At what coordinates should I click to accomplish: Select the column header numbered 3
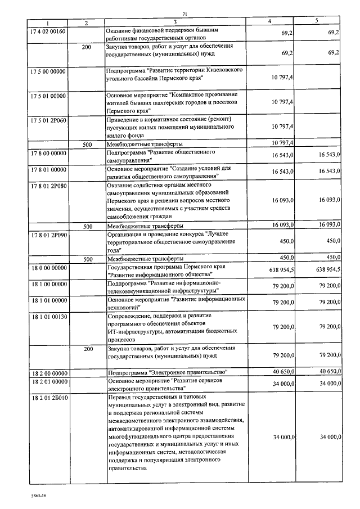[x=174, y=22]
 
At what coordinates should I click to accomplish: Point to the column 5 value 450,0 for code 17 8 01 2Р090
[x=330, y=241]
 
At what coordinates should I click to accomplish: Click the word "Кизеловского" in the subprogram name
[x=221, y=72]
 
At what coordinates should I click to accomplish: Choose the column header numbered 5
[x=316, y=21]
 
